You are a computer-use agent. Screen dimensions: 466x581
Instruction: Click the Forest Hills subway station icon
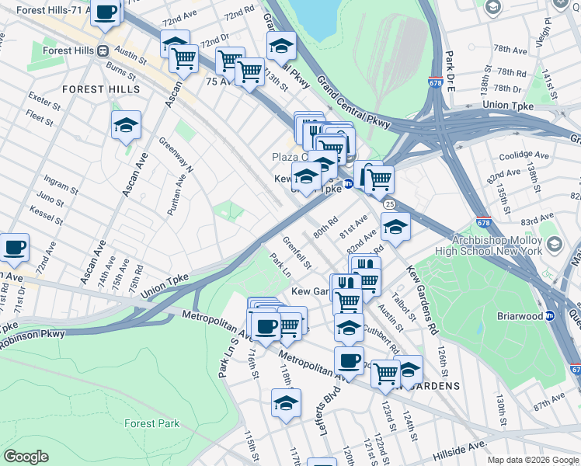click(102, 50)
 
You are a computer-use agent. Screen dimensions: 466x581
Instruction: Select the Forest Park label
click(151, 423)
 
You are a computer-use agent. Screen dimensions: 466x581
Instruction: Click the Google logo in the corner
click(26, 457)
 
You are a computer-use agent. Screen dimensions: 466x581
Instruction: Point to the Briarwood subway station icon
click(550, 315)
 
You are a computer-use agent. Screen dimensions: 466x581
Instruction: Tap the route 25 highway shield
click(388, 203)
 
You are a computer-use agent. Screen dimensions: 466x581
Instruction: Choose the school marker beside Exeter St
click(126, 125)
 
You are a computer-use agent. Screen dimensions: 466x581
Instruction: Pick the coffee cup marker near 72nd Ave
click(14, 248)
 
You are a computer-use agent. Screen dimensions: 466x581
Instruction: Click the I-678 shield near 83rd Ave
click(483, 200)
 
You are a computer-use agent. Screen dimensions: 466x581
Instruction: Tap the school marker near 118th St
click(286, 403)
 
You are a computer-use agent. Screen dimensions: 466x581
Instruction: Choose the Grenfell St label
click(297, 252)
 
